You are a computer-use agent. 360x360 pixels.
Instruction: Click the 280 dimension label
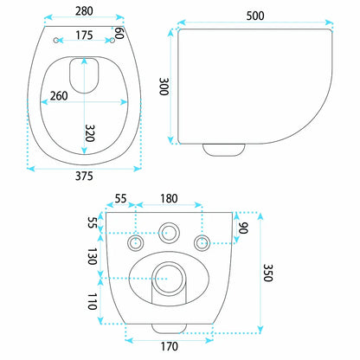(x=84, y=11)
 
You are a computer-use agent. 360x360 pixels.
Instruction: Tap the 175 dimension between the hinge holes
(x=84, y=35)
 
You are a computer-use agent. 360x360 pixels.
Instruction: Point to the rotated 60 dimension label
(x=119, y=33)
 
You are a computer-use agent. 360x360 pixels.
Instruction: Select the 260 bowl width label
(x=59, y=96)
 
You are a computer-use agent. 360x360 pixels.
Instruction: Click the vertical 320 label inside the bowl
(x=90, y=133)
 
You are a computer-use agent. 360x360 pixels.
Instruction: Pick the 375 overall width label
(x=84, y=176)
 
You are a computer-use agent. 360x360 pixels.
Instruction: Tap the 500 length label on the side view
(x=255, y=16)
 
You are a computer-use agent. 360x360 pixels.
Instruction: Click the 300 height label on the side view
(x=164, y=87)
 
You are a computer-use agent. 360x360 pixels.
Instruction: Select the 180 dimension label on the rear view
(x=169, y=199)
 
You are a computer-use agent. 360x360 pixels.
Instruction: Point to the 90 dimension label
(x=243, y=228)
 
